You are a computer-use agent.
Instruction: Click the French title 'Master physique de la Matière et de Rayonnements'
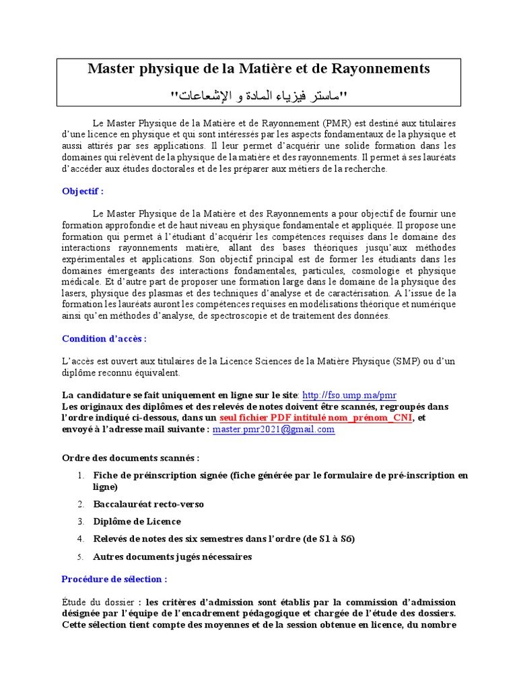pos(259,69)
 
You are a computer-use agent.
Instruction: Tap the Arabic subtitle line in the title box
pos(259,96)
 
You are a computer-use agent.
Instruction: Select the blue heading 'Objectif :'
pos(83,191)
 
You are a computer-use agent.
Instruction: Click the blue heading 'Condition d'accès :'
pos(104,338)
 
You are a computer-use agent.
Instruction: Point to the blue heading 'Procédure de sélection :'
pos(114,579)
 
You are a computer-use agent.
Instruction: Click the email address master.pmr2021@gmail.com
pos(273,429)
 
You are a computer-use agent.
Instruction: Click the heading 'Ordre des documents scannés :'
pos(131,458)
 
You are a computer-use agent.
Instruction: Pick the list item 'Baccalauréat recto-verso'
pos(148,504)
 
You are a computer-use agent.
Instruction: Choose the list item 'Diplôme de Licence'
pos(137,522)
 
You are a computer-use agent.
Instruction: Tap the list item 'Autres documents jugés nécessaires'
pos(172,557)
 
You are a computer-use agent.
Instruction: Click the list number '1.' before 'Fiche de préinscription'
pos(80,476)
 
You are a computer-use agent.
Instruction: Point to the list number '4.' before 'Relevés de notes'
pos(80,539)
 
